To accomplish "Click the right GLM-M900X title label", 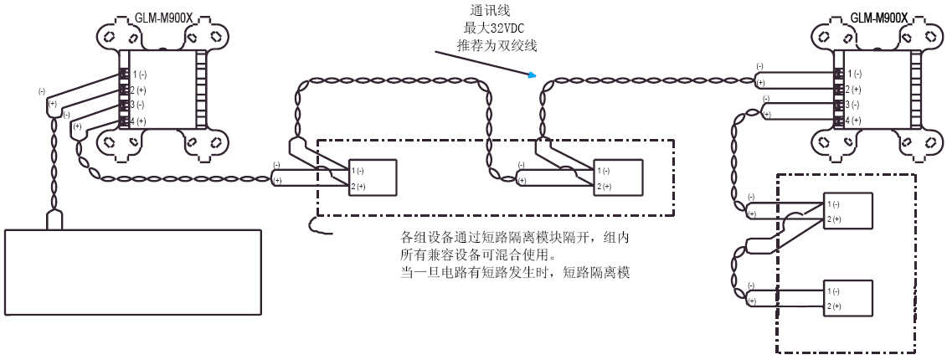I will point(878,16).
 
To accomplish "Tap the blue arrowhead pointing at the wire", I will point(531,77).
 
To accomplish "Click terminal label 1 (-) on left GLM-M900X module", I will point(139,75).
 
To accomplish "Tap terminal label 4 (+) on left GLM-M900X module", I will point(139,121).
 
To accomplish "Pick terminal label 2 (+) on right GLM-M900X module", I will point(852,90).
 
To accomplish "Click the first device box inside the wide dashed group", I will point(373,177).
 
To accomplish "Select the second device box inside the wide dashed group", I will point(618,177).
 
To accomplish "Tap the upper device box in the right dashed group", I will point(849,211).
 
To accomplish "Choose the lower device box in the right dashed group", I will point(849,298).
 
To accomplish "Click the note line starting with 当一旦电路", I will point(515,272).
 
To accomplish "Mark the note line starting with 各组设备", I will point(515,238).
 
